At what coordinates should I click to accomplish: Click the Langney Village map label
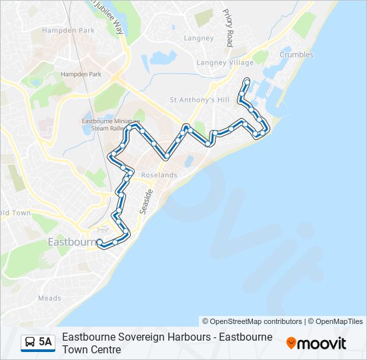[225, 63]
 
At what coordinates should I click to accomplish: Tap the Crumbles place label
[296, 55]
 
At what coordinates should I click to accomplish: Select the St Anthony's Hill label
[200, 100]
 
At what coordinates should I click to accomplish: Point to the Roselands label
[159, 175]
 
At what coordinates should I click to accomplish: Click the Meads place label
[50, 299]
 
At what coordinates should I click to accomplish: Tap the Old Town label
[15, 213]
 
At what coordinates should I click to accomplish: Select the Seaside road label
[146, 201]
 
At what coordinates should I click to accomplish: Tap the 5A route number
[45, 342]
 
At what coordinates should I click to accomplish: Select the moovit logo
[316, 343]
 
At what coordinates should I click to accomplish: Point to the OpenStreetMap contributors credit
[252, 321]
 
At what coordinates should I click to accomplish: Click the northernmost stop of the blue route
[247, 81]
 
